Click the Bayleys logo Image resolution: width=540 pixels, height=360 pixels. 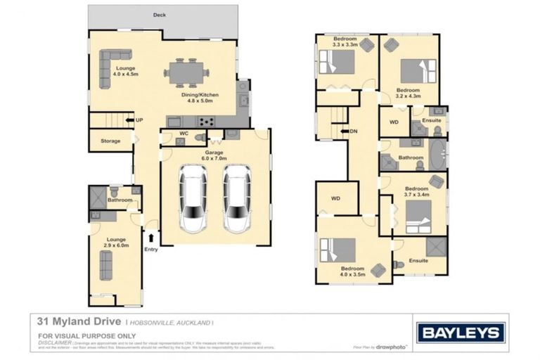tap(461, 332)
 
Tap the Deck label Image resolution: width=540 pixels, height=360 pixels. tap(160, 13)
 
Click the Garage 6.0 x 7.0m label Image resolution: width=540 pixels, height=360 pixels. tap(214, 155)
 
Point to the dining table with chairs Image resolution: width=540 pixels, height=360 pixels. tap(187, 72)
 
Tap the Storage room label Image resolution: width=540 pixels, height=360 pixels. tap(110, 141)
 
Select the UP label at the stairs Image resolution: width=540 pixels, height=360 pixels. tap(139, 120)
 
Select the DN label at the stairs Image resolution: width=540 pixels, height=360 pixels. tap(354, 131)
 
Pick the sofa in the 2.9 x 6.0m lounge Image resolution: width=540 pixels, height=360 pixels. tap(106, 264)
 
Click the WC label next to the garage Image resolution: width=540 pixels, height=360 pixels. tap(183, 132)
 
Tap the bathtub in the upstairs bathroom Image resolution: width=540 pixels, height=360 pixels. tap(438, 154)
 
